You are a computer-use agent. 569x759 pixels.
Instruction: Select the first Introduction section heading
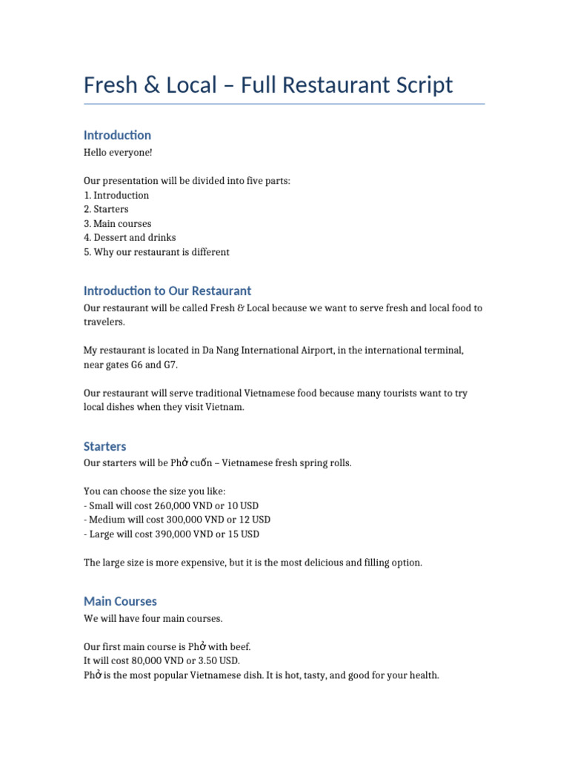pyautogui.click(x=117, y=135)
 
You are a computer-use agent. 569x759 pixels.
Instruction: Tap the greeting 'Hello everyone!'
pyautogui.click(x=118, y=153)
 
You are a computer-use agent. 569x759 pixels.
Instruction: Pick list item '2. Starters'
pyautogui.click(x=106, y=210)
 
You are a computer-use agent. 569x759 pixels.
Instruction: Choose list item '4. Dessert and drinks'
pyautogui.click(x=130, y=238)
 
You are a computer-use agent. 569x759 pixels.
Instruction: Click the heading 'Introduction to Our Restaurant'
pyautogui.click(x=167, y=291)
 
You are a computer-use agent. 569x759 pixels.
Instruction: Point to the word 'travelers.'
pyautogui.click(x=104, y=322)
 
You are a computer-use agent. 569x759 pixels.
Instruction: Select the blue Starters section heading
pyautogui.click(x=104, y=446)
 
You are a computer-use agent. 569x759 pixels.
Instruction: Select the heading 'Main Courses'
pyautogui.click(x=120, y=601)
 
